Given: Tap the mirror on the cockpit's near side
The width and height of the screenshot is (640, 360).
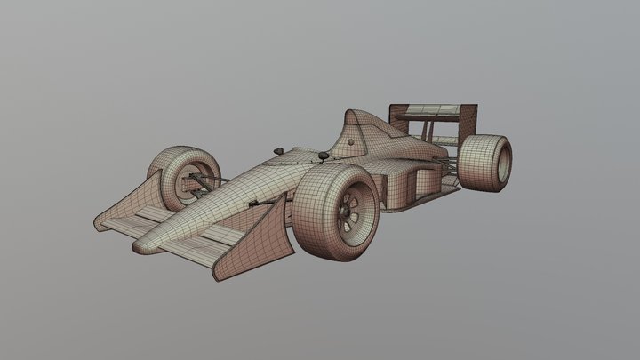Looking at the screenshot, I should tap(323, 157).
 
